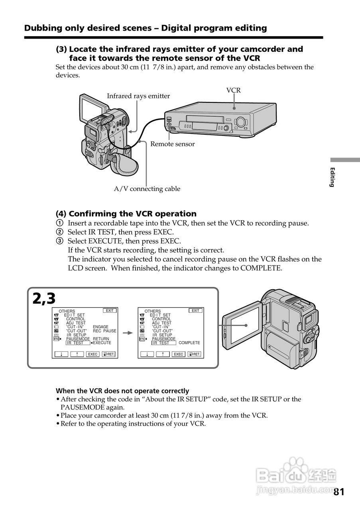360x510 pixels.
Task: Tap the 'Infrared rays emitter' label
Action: click(x=138, y=96)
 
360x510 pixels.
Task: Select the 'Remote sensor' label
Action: click(x=172, y=144)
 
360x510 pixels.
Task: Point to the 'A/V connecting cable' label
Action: click(x=147, y=189)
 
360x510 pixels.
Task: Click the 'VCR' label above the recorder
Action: click(x=234, y=90)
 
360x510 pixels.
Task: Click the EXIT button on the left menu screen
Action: click(x=110, y=310)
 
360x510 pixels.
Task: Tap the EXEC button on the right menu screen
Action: click(x=179, y=354)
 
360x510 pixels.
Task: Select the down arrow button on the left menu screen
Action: click(x=61, y=354)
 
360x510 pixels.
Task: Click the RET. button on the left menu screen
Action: click(x=108, y=354)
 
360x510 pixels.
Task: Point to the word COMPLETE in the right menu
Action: click(x=189, y=343)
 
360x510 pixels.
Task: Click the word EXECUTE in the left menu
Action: click(x=102, y=343)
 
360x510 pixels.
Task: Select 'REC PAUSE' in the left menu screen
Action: click(x=104, y=331)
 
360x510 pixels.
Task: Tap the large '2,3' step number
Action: click(x=44, y=298)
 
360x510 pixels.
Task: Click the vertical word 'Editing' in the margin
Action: click(x=332, y=177)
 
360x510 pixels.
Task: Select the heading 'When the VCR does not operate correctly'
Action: click(x=122, y=391)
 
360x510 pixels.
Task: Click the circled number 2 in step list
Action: click(x=59, y=232)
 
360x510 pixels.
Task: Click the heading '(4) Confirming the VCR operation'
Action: click(x=126, y=214)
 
